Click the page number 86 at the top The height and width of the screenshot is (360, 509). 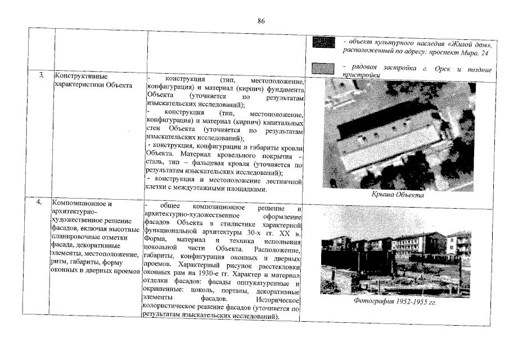[x=261, y=21]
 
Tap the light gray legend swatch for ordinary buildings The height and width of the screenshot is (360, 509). [x=323, y=69]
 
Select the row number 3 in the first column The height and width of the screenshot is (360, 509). [x=41, y=76]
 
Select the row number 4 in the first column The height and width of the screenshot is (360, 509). [x=41, y=202]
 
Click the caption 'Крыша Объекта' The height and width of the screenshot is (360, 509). [x=397, y=195]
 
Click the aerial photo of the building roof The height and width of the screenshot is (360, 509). [x=397, y=133]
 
